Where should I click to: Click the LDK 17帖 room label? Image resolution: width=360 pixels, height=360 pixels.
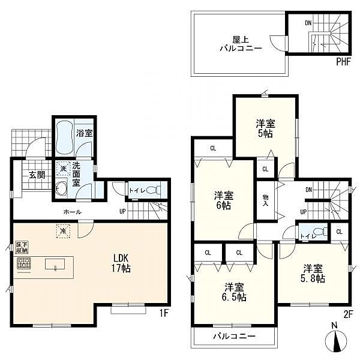coord(121,263)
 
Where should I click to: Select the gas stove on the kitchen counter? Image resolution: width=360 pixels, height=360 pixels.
coord(23,263)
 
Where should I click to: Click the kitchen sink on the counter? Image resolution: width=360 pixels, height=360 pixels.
coord(55,264)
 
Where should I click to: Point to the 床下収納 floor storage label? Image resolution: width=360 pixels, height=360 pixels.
coord(22,247)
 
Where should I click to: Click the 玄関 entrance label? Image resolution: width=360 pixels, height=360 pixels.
coord(37,175)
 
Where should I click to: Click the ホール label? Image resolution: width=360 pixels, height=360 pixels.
coord(73,212)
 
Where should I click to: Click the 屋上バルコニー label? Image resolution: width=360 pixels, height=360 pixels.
coord(241,44)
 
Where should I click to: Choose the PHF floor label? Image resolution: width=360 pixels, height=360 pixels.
coord(343,62)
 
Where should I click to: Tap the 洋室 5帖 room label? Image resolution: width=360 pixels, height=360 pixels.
coord(265,128)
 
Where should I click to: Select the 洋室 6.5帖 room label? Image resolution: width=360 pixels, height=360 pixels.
coord(234,292)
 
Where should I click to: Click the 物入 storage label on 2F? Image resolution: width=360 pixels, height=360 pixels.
coord(265,200)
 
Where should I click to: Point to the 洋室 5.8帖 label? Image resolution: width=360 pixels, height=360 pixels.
coord(313,273)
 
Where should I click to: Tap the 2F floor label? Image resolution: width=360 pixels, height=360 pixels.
coord(348,314)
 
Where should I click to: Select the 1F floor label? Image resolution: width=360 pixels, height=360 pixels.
coord(163,313)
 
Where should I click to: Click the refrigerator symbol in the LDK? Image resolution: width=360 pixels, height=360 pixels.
coord(63,231)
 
